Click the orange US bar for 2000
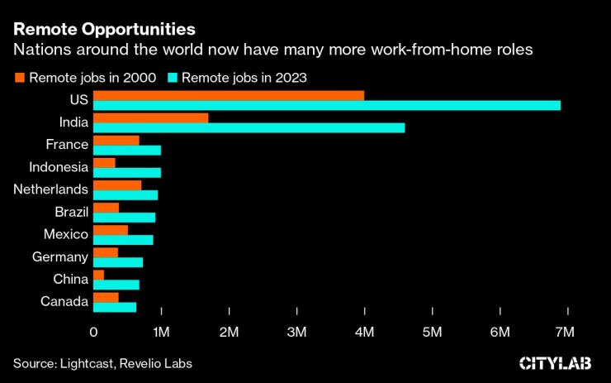(229, 95)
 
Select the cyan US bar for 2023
(327, 106)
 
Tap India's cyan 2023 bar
(249, 127)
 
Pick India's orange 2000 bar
(150, 117)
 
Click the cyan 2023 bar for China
(116, 285)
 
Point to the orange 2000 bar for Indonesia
(104, 162)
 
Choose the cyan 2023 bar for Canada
(114, 307)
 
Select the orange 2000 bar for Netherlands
(116, 184)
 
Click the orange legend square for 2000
(20, 79)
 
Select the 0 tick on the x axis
(93, 332)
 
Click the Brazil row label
(71, 212)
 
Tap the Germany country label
(60, 256)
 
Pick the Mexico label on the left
(65, 234)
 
